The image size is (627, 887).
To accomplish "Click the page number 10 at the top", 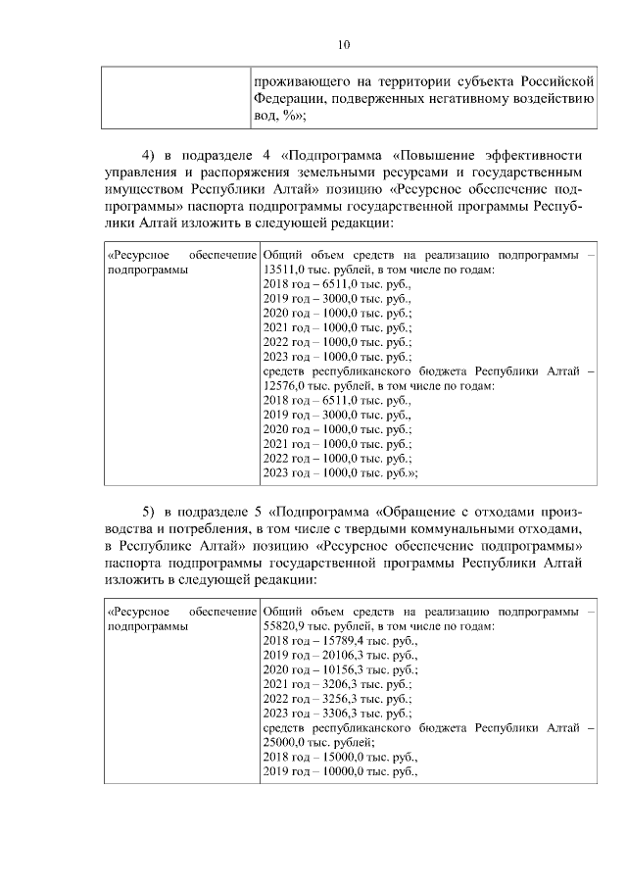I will coord(343,44).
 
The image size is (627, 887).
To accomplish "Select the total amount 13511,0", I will coord(285,268).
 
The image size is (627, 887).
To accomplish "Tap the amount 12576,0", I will coord(285,386).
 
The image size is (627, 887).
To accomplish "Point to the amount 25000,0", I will coord(285,743).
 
